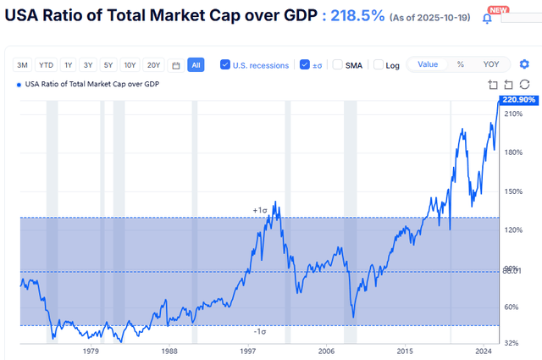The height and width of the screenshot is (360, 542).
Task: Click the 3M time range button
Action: click(x=23, y=65)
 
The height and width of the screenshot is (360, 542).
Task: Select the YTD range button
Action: click(x=46, y=65)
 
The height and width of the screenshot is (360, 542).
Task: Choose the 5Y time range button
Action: click(x=108, y=65)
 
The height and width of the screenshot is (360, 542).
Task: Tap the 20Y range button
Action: click(x=153, y=65)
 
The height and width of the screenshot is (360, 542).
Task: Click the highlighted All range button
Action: click(x=196, y=65)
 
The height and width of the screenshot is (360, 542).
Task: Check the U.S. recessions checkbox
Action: click(x=225, y=65)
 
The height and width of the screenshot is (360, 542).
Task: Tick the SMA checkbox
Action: click(x=338, y=65)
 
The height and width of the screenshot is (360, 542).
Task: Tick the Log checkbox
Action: click(x=379, y=65)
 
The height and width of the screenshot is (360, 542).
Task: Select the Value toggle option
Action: click(x=428, y=64)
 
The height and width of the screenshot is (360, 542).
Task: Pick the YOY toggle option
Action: click(x=491, y=64)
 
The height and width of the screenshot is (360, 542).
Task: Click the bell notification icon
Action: click(x=487, y=18)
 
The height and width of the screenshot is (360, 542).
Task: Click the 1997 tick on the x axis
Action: click(x=248, y=350)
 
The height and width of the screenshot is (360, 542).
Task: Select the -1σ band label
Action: click(x=260, y=332)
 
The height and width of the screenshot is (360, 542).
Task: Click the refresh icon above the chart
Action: click(x=524, y=83)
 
